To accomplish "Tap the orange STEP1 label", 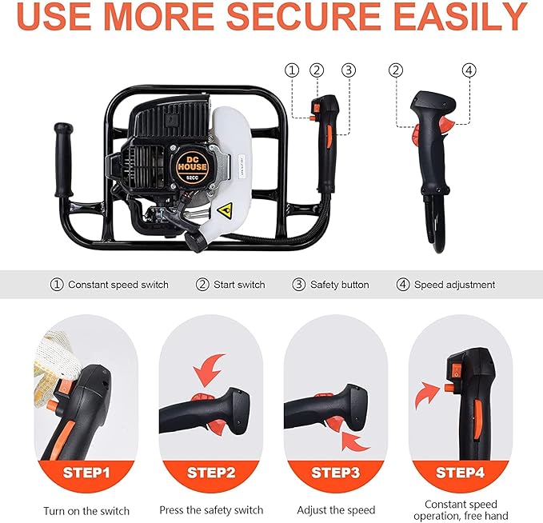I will pos(87,472).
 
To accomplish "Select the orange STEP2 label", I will pos(212,472).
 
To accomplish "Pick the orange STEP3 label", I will pos(336,472).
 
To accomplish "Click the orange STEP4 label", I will pos(461,472).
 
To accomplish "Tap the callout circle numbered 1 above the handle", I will pos(292,70).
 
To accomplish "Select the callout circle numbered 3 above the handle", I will pos(348,70).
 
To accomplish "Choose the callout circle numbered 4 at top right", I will pos(469,70).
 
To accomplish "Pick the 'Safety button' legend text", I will pos(339,285).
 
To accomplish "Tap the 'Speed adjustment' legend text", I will pos(454,285).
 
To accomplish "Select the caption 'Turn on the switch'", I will pos(86,510).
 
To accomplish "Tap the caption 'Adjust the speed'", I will pos(336,509).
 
